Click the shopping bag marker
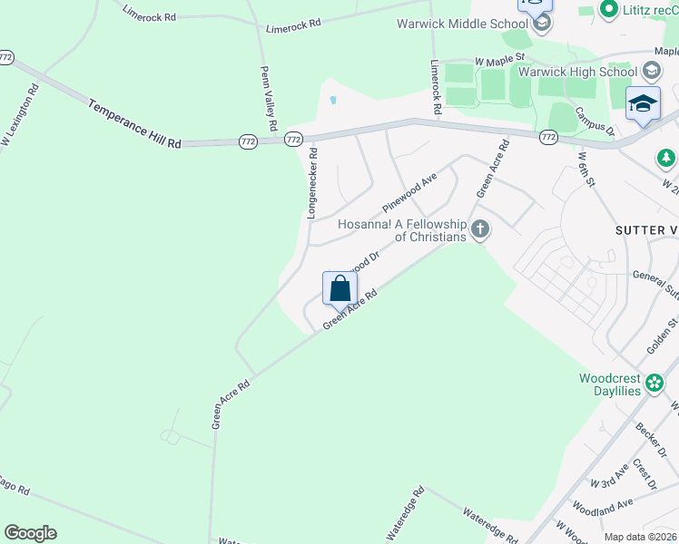(339, 289)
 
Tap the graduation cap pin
(643, 105)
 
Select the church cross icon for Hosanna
(480, 230)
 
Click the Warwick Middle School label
(461, 24)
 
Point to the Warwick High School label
(577, 71)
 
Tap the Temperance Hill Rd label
(135, 124)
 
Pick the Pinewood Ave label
(410, 189)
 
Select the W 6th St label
(586, 169)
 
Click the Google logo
(30, 533)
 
